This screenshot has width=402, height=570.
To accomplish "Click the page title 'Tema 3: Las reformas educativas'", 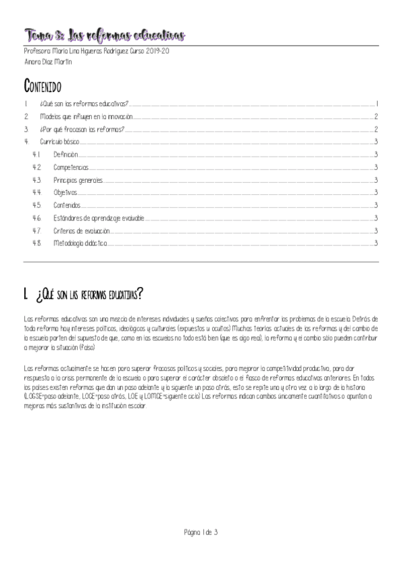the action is coord(104,34).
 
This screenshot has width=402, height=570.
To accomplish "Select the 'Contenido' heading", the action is coord(42,86).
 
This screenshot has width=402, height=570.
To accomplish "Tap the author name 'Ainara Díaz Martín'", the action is coord(49,62).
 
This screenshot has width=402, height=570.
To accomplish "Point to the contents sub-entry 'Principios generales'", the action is coord(79,180).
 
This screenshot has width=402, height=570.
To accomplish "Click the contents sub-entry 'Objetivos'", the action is coord(66,193).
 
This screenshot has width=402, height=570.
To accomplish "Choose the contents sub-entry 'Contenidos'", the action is coord(67,206).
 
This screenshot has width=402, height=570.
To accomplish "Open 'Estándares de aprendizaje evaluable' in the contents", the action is coord(99,218).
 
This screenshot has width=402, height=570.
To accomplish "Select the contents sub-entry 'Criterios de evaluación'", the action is coord(82,231).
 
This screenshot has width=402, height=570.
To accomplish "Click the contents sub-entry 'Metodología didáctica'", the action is coord(80,243).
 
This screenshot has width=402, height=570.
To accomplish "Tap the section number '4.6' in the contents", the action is coord(37,218).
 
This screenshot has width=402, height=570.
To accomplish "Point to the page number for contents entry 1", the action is coord(378,104).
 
